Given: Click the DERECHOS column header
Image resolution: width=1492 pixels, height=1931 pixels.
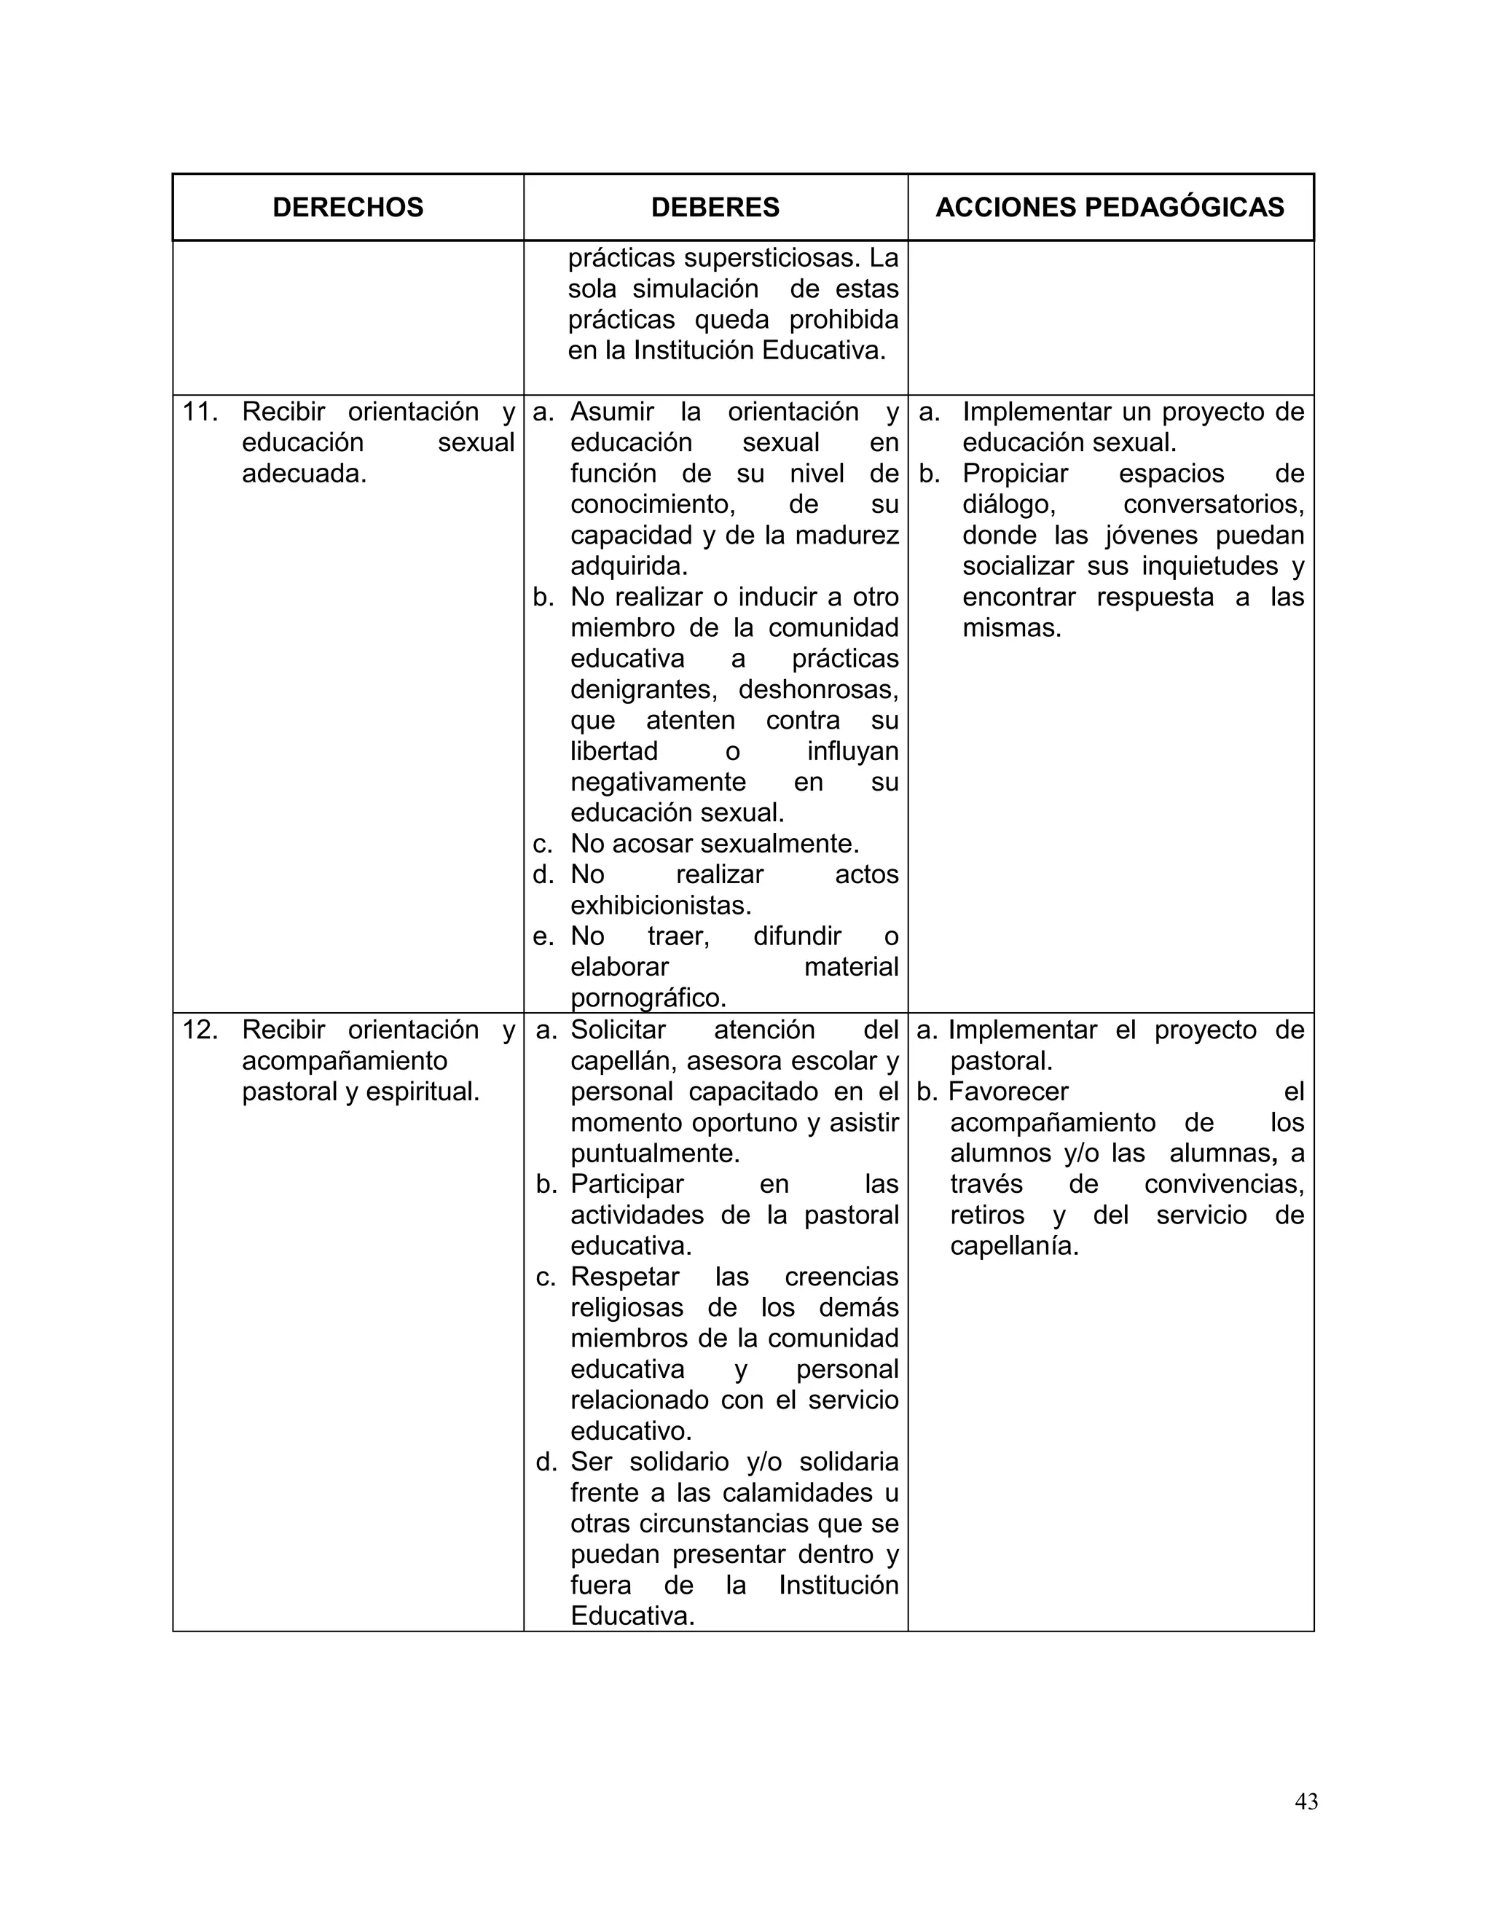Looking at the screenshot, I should click(x=348, y=207).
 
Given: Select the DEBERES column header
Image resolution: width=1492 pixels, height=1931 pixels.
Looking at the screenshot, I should click(x=715, y=207).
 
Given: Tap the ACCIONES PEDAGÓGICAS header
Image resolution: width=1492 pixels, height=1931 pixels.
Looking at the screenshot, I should click(x=1110, y=207).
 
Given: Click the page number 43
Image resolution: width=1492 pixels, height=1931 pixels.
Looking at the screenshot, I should click(x=1305, y=1801).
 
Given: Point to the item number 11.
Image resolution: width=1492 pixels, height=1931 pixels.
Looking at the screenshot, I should click(x=200, y=412).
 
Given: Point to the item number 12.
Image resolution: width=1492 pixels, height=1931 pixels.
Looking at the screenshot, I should click(x=200, y=1030).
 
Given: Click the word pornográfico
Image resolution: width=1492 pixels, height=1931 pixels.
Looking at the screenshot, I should click(x=648, y=998).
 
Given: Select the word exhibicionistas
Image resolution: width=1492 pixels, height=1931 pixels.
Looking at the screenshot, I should click(x=660, y=905).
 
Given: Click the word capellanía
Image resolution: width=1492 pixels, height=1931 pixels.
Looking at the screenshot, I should click(x=1014, y=1246).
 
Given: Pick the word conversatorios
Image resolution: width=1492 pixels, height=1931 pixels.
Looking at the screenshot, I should click(x=1213, y=505).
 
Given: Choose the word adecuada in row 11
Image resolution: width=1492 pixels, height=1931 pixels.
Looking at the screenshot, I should click(x=303, y=474).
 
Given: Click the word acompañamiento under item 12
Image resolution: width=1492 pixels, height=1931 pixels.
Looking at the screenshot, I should click(x=344, y=1061).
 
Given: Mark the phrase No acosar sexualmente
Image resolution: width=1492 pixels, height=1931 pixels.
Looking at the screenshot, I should click(x=714, y=844).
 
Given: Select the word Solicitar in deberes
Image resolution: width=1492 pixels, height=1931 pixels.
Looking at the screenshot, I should click(x=618, y=1030).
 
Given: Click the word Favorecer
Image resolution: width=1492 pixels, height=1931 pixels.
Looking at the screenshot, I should click(x=1008, y=1092).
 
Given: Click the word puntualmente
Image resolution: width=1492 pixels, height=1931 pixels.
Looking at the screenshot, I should click(x=654, y=1153).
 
